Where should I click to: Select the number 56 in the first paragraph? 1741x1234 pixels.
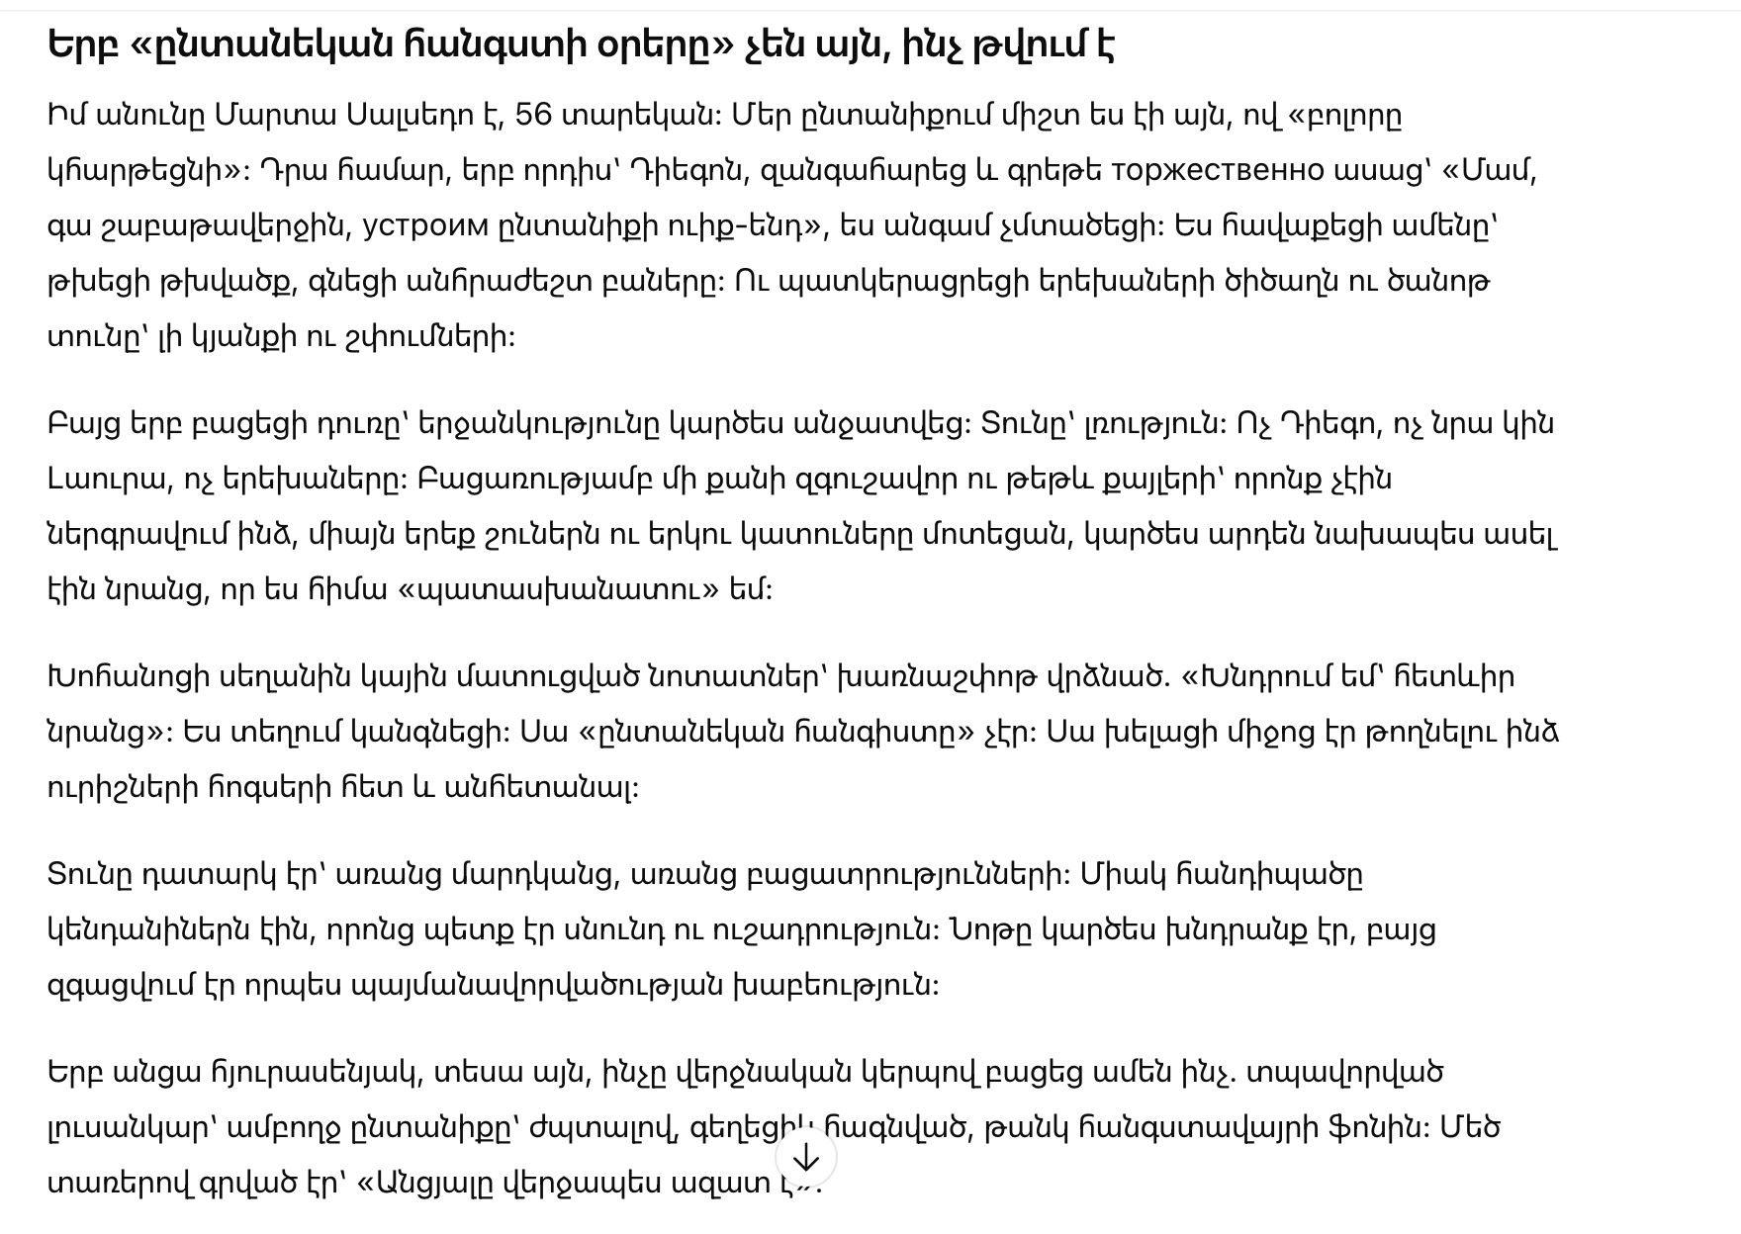pyautogui.click(x=533, y=116)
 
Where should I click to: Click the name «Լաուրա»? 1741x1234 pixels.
pyautogui.click(x=107, y=480)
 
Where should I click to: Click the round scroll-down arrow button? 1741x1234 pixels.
pyautogui.click(x=806, y=1157)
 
